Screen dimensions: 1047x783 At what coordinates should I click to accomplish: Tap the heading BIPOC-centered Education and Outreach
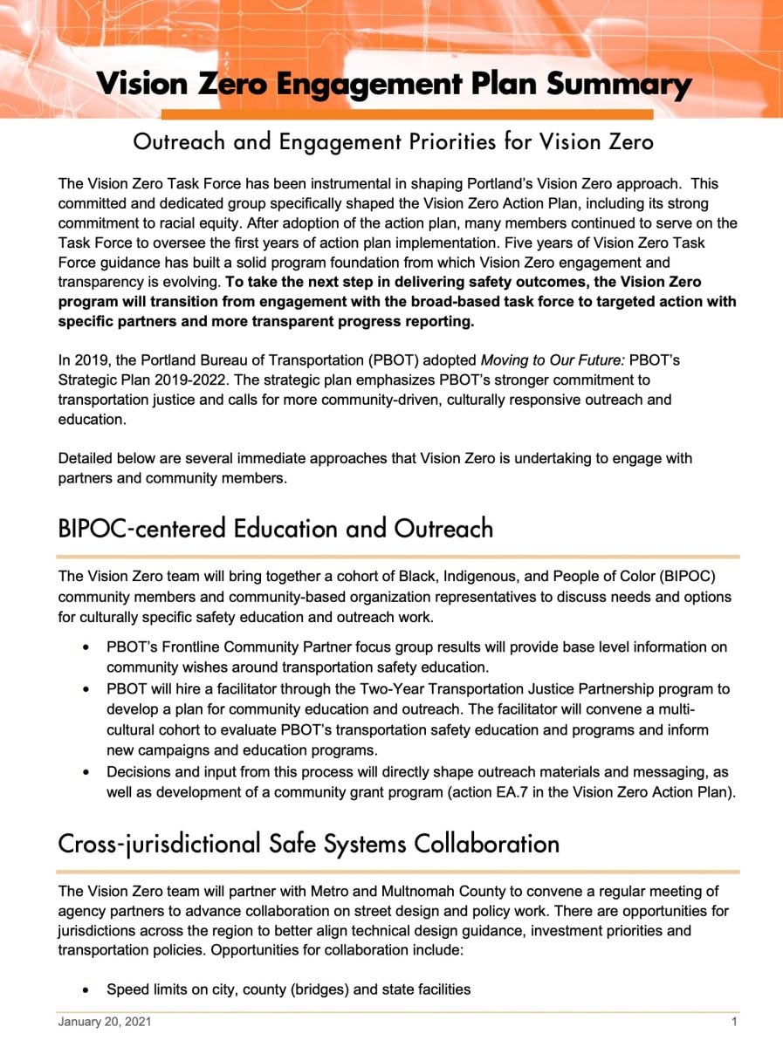pos(275,529)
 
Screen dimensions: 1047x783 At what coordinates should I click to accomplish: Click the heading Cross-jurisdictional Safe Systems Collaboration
pos(308,845)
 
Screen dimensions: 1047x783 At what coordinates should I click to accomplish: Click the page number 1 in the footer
pos(734,1021)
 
